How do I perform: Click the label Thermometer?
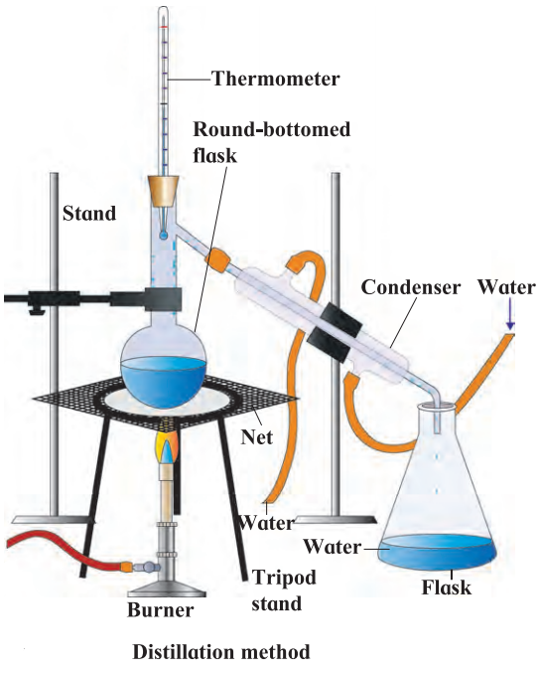point(276,79)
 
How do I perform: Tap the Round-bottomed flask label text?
point(272,142)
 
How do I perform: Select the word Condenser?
point(411,287)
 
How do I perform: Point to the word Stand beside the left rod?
point(89,214)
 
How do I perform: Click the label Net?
point(257,437)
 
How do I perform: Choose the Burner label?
point(160,610)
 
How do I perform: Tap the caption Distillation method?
point(221,652)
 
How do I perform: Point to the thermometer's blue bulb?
point(163,236)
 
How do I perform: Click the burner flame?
point(168,449)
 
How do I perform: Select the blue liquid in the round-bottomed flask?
point(164,381)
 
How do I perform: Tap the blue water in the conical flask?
point(437,553)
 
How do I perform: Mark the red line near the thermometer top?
point(163,27)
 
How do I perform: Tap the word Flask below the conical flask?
point(446,587)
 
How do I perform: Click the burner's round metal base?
point(167,589)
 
